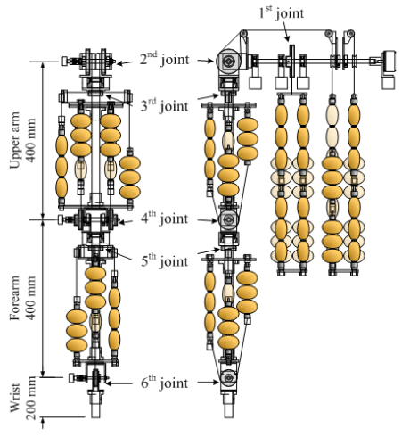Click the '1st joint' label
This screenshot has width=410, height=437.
pyautogui.click(x=282, y=13)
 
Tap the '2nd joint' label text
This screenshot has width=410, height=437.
pyautogui.click(x=164, y=59)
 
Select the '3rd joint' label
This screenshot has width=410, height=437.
pyautogui.click(x=164, y=105)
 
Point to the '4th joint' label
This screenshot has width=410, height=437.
pyautogui.click(x=164, y=218)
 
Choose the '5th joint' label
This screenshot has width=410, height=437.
pyautogui.click(x=164, y=260)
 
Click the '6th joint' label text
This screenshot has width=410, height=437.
pyautogui.click(x=164, y=383)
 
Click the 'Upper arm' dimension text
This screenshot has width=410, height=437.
pyautogui.click(x=15, y=140)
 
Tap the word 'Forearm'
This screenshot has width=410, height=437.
pyautogui.click(x=15, y=298)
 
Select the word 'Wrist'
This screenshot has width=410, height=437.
pyautogui.click(x=15, y=398)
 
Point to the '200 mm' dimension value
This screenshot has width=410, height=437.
pyautogui.click(x=31, y=398)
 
